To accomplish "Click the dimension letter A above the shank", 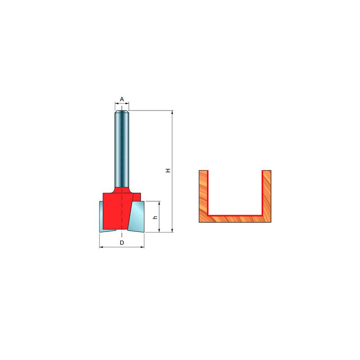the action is pyautogui.click(x=122, y=99).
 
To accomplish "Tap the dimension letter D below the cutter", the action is pyautogui.click(x=122, y=243).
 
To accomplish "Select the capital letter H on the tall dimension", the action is pyautogui.click(x=168, y=171).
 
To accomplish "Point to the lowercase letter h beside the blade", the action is pyautogui.click(x=155, y=217).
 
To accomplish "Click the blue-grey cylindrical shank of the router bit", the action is pyautogui.click(x=122, y=149).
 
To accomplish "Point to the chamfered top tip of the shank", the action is pyautogui.click(x=122, y=112).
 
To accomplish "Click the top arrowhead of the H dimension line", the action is pyautogui.click(x=172, y=112).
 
